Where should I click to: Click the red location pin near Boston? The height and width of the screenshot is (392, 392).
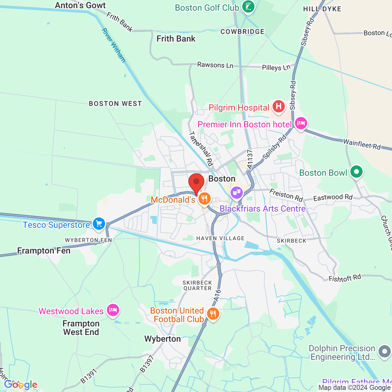click(196, 183)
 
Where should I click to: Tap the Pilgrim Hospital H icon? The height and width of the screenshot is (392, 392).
click(278, 107)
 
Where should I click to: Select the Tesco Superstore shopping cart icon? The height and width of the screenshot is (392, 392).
click(99, 224)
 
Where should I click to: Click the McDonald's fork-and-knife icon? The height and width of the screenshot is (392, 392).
click(204, 199)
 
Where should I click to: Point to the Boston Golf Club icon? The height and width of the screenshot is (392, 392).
click(248, 6)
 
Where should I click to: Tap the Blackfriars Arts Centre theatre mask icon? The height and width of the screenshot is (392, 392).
click(236, 192)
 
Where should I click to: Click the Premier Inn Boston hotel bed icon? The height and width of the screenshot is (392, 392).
click(301, 123)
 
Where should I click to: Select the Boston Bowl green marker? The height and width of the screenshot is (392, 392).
click(356, 172)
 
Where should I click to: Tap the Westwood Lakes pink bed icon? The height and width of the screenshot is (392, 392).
click(113, 310)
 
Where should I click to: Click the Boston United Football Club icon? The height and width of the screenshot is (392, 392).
click(213, 314)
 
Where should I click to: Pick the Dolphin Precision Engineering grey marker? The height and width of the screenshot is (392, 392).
click(384, 352)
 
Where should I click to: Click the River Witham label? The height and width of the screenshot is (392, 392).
click(114, 45)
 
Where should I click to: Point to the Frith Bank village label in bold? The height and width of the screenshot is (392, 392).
click(176, 39)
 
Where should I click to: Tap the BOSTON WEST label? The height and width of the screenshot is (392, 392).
click(115, 104)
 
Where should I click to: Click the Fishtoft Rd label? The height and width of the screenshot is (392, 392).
click(345, 278)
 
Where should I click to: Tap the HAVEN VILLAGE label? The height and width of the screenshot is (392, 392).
click(220, 238)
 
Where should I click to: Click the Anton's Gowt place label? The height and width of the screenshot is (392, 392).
click(80, 5)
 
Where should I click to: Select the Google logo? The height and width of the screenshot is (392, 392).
click(21, 385)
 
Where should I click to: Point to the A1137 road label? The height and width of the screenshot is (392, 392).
click(250, 159)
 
